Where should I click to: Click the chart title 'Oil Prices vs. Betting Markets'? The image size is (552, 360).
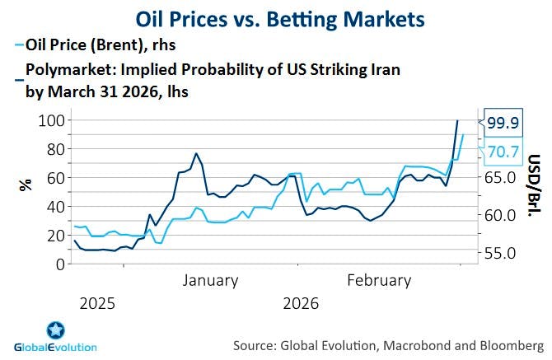[275, 18]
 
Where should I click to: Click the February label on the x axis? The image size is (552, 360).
[379, 281]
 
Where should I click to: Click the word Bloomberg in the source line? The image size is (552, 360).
[511, 342]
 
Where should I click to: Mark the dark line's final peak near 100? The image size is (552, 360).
[458, 121]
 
